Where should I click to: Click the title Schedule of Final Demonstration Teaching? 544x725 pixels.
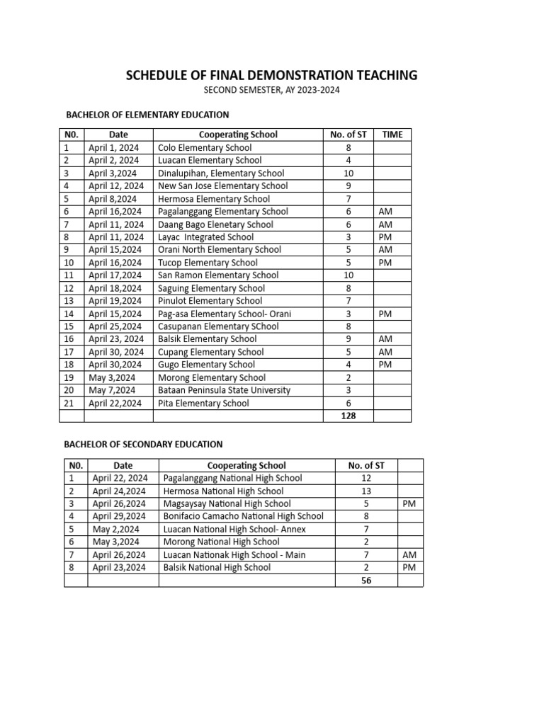(271, 75)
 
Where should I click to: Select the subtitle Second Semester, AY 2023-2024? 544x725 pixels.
(271, 91)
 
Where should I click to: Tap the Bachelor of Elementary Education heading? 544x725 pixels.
(147, 114)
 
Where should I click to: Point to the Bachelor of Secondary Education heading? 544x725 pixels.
(144, 444)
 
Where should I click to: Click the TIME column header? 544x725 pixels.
(392, 135)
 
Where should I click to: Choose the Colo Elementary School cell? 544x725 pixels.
(205, 147)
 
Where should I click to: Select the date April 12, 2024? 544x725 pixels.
(116, 185)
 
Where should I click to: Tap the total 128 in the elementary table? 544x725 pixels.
(348, 416)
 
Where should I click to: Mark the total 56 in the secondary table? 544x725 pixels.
(366, 580)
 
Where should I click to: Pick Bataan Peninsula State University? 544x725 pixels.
(225, 390)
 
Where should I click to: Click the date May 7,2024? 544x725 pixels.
(112, 390)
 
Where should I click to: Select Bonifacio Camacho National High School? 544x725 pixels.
(243, 516)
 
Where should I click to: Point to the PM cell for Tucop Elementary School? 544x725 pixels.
(386, 263)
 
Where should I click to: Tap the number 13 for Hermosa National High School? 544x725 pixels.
(366, 491)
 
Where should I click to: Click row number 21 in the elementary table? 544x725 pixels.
(68, 403)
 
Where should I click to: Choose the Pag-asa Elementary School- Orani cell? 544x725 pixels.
(225, 314)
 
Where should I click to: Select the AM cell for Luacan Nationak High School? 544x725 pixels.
(409, 554)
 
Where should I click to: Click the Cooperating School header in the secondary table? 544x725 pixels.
(246, 465)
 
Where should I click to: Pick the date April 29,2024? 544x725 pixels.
(119, 516)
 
